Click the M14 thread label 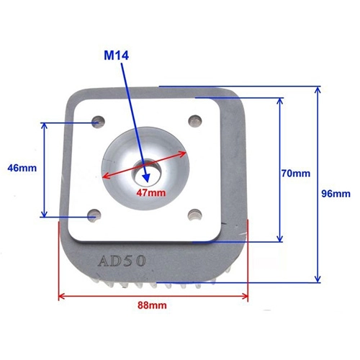click(117, 55)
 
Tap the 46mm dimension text click(22, 168)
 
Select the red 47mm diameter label click(151, 192)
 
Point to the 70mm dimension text click(296, 174)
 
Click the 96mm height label click(336, 194)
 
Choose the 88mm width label click(152, 305)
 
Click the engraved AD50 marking click(122, 261)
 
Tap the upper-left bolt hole click(99, 122)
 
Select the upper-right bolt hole click(195, 121)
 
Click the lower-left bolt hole click(94, 215)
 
